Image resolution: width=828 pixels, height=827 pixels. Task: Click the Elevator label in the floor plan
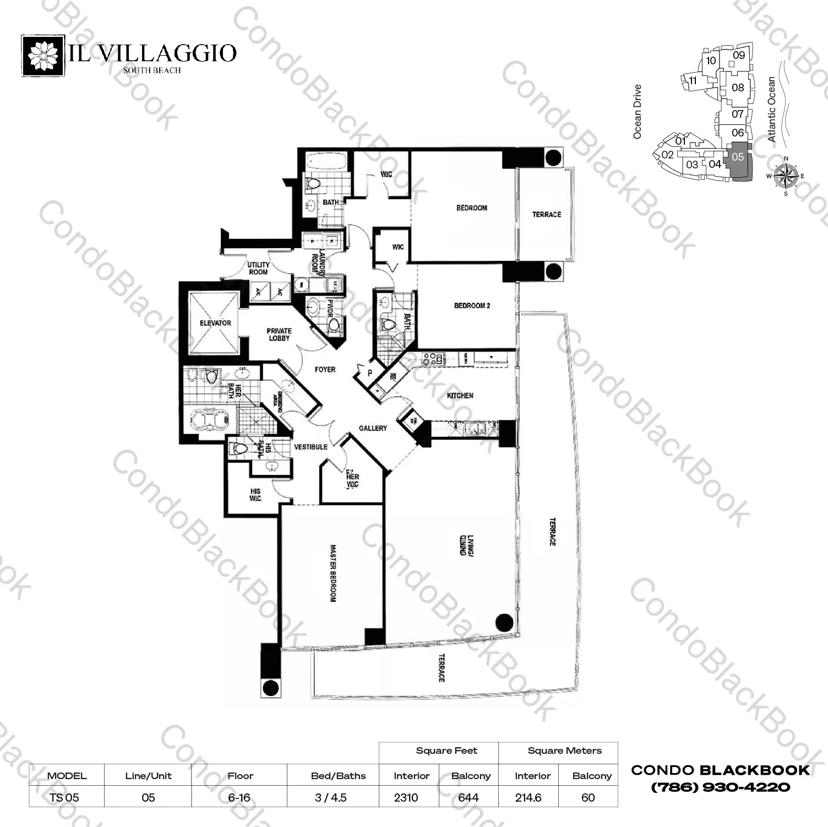point(215,323)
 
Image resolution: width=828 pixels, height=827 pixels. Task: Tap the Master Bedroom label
point(333,573)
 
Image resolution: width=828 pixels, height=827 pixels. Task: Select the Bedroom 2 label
point(472,305)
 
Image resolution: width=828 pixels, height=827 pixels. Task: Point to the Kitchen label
point(460,396)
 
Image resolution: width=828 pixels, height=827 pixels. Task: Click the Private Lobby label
point(279,335)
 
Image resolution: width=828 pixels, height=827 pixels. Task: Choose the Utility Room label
point(258,269)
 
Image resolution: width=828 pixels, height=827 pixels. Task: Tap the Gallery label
point(373,428)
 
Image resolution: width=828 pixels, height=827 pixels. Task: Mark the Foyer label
point(325,370)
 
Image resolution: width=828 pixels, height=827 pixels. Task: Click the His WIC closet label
point(255,495)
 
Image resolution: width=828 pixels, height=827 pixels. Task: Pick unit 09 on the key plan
point(739,55)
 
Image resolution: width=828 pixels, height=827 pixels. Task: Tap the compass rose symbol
point(786,176)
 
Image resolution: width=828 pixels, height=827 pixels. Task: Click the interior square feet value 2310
point(406,798)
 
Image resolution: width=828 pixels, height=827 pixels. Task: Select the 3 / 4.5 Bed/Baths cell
point(331,798)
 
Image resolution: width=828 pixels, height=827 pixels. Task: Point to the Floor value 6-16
point(240,798)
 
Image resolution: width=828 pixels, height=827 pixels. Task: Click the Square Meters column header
point(564,751)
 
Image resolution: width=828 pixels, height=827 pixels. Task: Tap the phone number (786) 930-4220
point(721,787)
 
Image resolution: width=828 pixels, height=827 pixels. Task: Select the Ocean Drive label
point(638,111)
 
